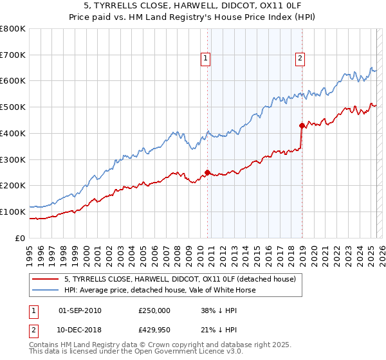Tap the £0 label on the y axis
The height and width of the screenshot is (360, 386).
point(20,238)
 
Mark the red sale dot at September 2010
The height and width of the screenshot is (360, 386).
point(207,172)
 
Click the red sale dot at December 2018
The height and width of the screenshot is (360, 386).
point(302,125)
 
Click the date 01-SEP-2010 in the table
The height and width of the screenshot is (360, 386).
point(80,310)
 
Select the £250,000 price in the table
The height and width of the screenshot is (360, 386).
point(154,310)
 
